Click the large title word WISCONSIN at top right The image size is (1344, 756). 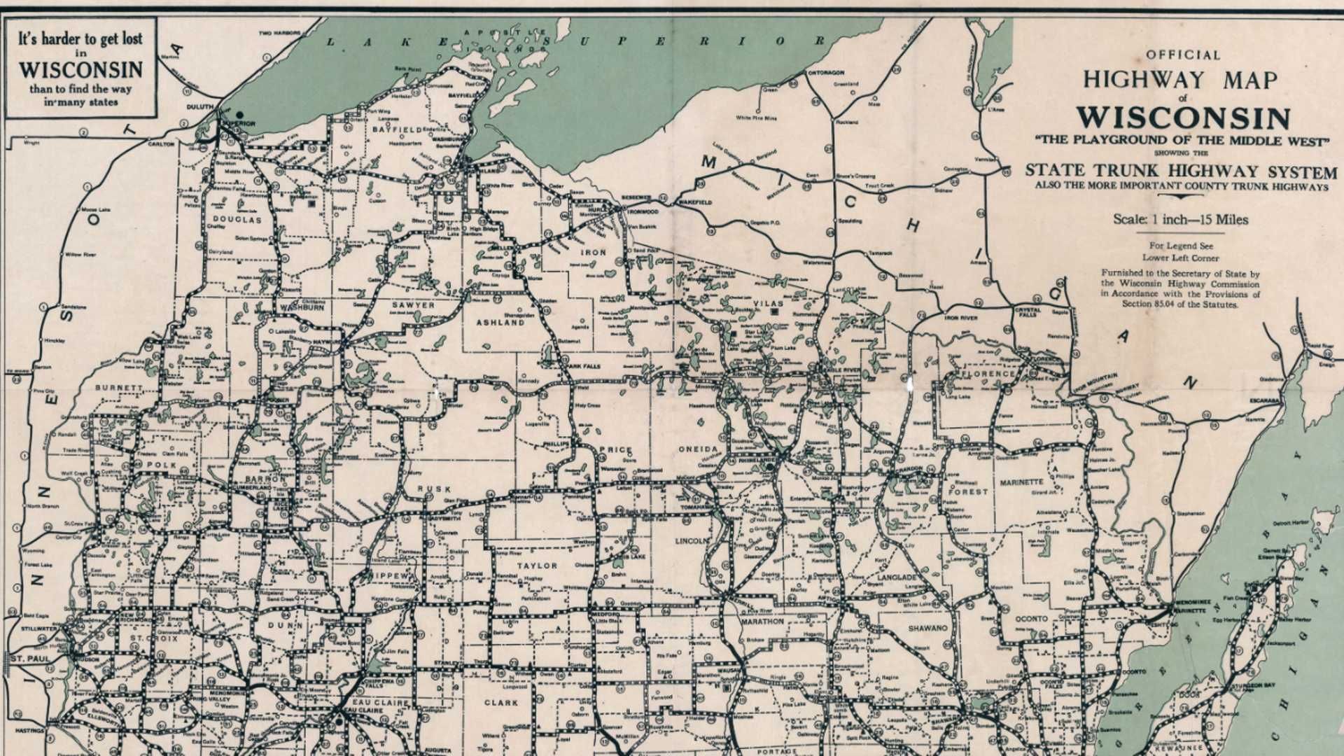coord(1183,117)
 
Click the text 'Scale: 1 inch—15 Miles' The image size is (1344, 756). coord(1180,220)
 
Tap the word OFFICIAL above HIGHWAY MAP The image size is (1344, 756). coord(1183,55)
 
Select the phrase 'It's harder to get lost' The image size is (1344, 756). coord(80,39)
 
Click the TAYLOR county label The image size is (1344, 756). coord(538,566)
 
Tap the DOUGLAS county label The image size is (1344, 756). coord(237,219)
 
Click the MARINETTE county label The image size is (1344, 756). coord(1021,482)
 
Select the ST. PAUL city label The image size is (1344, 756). coord(28,659)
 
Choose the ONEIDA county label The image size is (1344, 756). coord(698,449)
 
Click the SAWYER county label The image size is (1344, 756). coord(413,304)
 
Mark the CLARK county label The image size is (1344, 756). coord(501,702)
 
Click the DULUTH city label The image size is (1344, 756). coord(199,107)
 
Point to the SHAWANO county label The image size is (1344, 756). coord(927,628)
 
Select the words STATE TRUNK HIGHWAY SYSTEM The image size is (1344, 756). coord(1180,170)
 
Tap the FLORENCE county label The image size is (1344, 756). coord(988,374)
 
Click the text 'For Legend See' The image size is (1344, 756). coord(1180,246)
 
